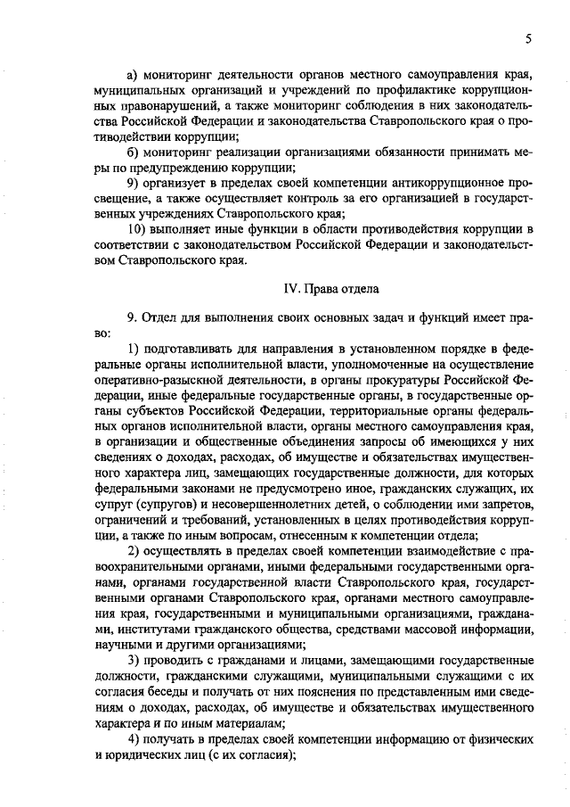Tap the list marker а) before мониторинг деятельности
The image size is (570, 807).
[134, 72]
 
